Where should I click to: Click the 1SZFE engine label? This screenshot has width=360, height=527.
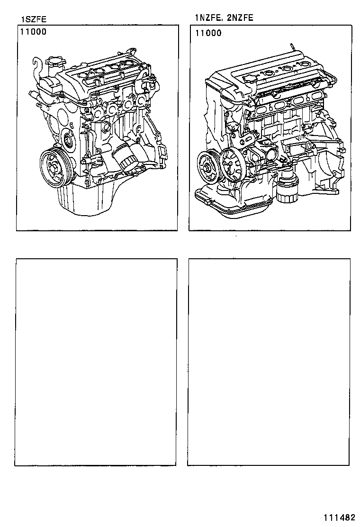(x=33, y=19)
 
